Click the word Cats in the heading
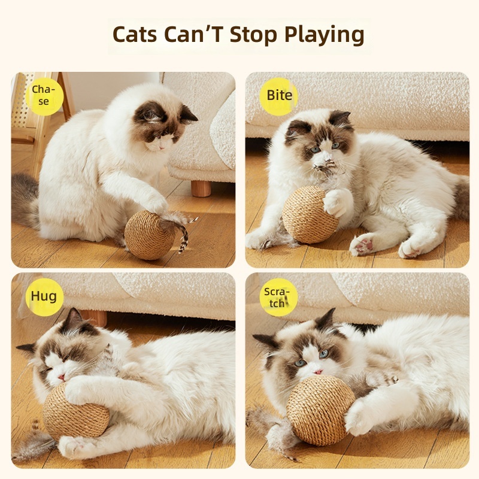coord(135,34)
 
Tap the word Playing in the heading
coord(324,35)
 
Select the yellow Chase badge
coord(44,96)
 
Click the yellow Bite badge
coord(278,96)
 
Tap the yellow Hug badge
coord(44,296)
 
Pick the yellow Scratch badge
coord(278,297)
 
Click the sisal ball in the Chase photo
coord(149,235)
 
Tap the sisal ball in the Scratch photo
coord(320,410)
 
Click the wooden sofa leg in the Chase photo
coord(201,189)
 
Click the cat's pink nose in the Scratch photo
coord(319,372)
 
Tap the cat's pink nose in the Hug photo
coord(62,377)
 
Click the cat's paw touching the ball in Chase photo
coord(156,202)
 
